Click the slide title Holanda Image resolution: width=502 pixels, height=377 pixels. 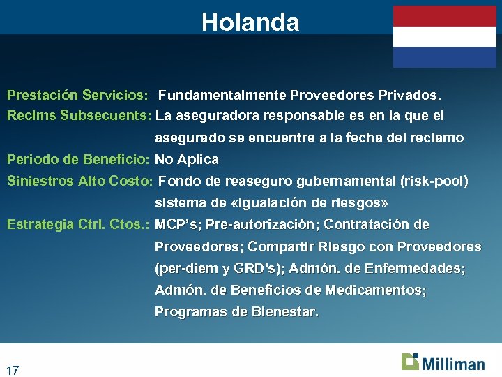[250, 22]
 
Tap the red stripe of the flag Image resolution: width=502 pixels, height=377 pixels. [444, 16]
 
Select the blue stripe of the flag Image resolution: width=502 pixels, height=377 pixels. [444, 57]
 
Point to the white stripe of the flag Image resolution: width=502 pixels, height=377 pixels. [444, 36]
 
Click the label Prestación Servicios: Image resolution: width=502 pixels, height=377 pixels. [77, 94]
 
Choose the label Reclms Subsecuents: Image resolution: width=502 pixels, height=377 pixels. [79, 115]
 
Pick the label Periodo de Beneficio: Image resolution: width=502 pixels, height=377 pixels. [78, 159]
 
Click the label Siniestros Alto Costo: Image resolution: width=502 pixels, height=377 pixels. [79, 182]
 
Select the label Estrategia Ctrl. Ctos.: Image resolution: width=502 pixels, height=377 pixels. [78, 225]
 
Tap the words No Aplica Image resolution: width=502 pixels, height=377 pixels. [187, 159]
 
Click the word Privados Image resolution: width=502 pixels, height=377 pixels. [414, 94]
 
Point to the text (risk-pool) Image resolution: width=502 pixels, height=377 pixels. [434, 182]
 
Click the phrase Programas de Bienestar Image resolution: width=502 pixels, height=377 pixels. [236, 312]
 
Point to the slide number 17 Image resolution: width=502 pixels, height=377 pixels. [13, 369]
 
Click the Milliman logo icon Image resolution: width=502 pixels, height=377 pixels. [410, 362]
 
